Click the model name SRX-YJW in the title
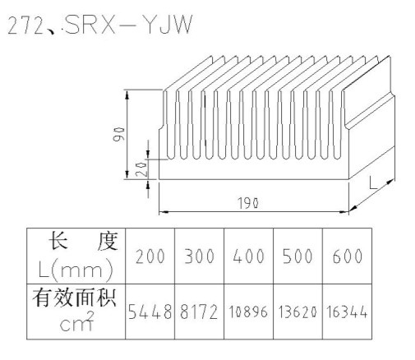(128, 25)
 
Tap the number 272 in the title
(25, 25)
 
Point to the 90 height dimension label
(118, 134)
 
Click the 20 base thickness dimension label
(141, 168)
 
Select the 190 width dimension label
(248, 203)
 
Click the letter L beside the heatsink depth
(373, 182)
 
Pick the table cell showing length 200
(150, 256)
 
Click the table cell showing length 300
(199, 256)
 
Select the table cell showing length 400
(248, 256)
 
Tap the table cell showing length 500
(297, 256)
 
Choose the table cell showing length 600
(348, 256)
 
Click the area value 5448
(150, 312)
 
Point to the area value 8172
(199, 312)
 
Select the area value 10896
(248, 312)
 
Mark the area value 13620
(297, 312)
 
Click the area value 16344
(347, 312)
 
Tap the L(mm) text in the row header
(76, 270)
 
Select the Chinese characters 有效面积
(74, 298)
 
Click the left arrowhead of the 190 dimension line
(164, 212)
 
